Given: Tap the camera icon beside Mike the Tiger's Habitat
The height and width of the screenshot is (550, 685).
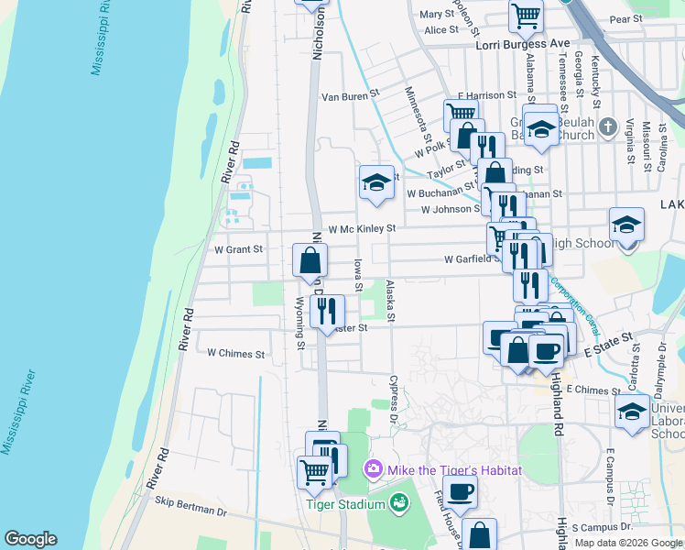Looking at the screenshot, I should pos(373,470).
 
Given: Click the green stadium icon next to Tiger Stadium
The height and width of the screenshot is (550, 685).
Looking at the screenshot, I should pos(397,502).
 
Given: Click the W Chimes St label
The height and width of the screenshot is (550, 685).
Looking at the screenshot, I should pos(235,353).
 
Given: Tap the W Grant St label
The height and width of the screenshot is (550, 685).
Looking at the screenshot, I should pos(237,248).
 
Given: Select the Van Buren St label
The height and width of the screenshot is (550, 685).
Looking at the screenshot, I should pos(349,95).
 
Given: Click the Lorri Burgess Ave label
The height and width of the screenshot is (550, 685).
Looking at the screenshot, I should pos(522,43).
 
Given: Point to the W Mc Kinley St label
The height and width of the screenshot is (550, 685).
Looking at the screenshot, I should pos(362,228).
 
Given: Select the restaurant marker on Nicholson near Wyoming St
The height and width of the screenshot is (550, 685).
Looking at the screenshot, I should pos(326,313).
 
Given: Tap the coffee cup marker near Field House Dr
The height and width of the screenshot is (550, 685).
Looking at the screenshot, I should pos(461,492).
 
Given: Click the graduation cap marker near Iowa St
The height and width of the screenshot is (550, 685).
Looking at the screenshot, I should pos(375,183).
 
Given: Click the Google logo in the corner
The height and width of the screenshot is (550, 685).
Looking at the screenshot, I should pos(30,539).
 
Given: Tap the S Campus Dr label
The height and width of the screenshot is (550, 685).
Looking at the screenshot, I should pos(602,528).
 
